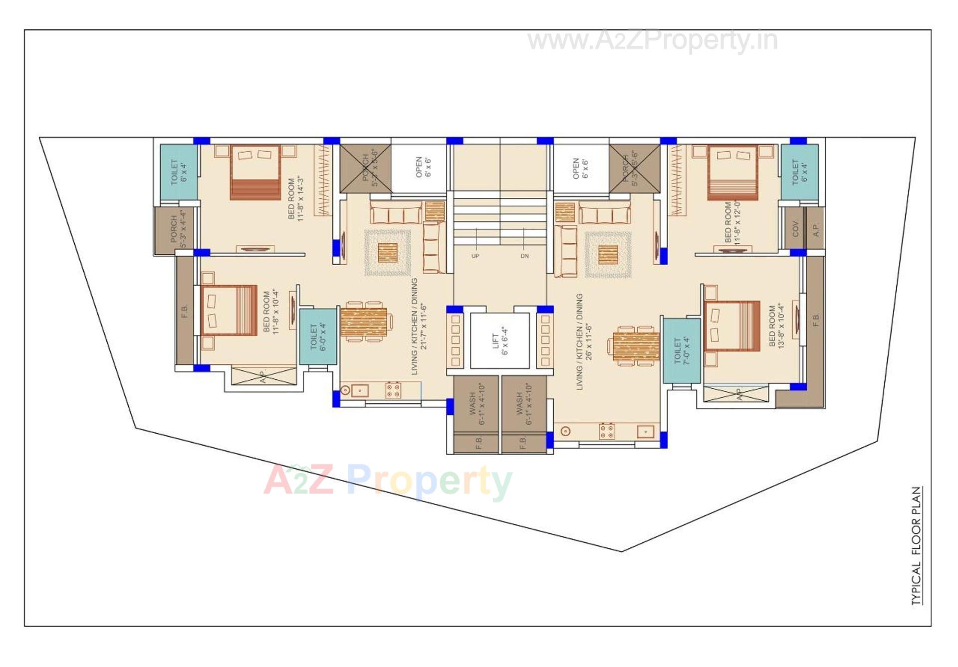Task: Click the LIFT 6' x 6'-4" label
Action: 500,341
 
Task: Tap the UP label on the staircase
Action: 475,256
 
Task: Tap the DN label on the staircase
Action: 524,256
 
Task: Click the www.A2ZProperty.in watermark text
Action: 652,40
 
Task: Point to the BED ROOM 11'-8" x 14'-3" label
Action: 295,198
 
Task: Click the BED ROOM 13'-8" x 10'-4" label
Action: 777,327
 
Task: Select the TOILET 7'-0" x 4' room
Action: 681,350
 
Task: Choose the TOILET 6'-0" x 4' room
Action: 318,336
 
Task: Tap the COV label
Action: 795,229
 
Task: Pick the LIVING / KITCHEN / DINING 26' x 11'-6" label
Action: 584,342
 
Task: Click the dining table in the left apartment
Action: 364,322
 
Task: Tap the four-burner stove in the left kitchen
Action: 393,390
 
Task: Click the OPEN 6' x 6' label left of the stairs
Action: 423,167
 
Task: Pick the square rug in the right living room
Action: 607,255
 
